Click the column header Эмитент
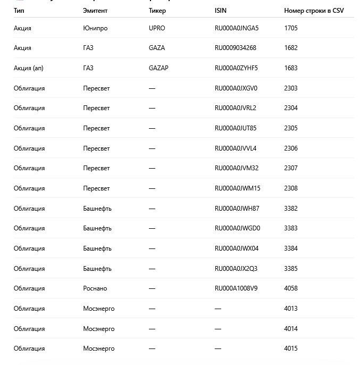point(95,11)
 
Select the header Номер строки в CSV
point(314,11)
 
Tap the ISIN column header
point(220,11)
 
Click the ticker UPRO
point(157,28)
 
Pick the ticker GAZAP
point(158,68)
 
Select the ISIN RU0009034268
point(235,48)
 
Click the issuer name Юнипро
point(95,28)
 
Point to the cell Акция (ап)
point(29,68)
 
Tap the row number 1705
point(291,28)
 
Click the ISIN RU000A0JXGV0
point(236,88)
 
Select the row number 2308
point(291,188)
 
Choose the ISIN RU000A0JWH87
point(237,209)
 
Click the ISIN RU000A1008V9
point(236,288)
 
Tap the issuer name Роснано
point(95,288)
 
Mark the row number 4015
point(291,349)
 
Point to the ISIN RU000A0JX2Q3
point(236,269)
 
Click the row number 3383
point(291,228)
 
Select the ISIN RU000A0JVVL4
point(236,148)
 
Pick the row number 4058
point(291,288)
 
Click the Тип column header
point(19,11)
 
